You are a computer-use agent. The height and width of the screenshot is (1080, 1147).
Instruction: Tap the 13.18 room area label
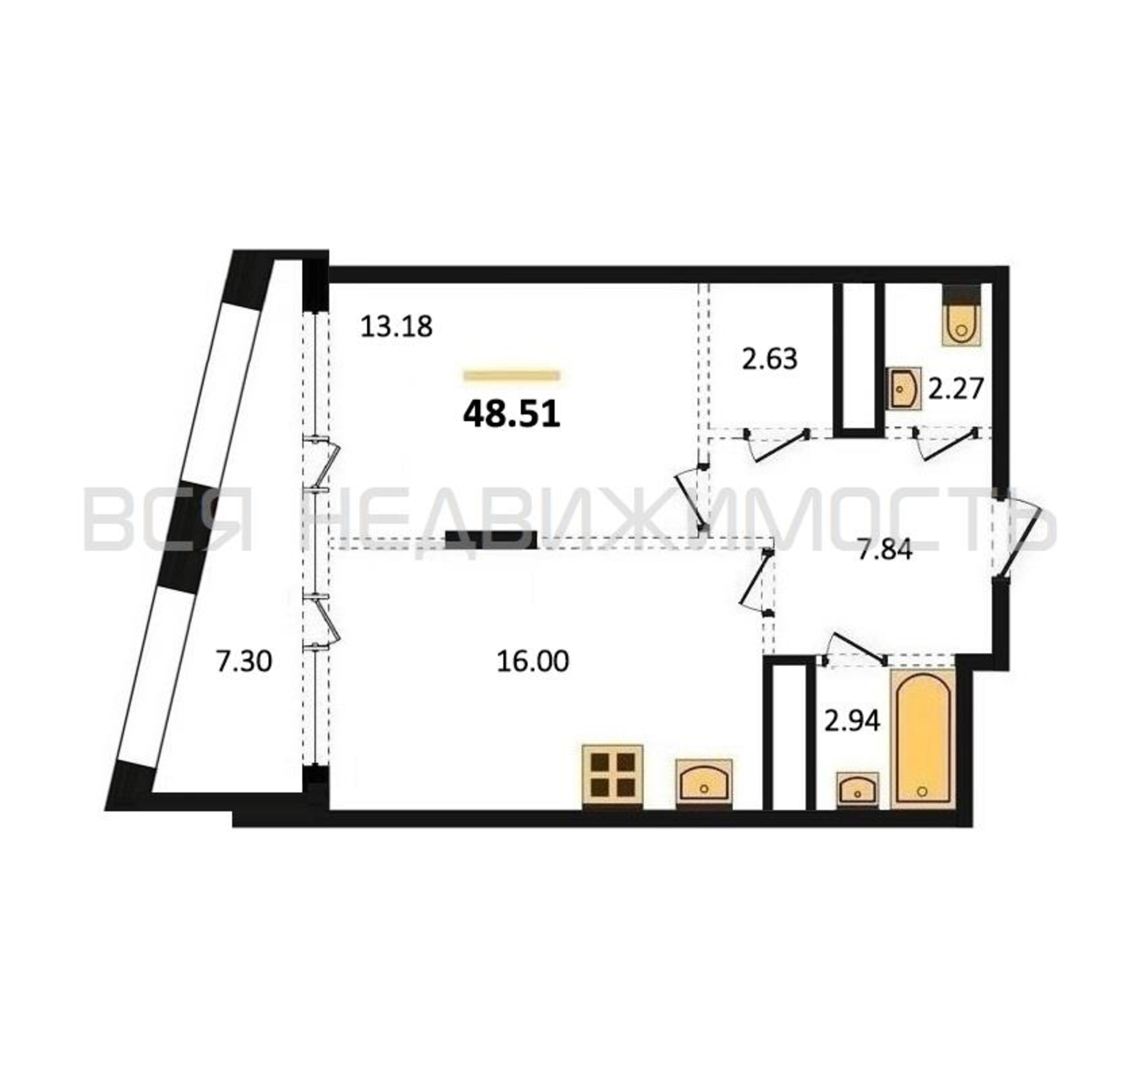pos(396,327)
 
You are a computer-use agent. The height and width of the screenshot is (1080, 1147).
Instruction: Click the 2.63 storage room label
pos(770,359)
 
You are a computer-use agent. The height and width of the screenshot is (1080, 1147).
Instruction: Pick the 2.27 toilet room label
pos(955,388)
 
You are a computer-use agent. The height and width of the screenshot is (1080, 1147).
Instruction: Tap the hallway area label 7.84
pos(885,550)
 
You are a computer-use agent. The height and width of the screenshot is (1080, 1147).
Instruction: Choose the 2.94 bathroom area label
pos(852,720)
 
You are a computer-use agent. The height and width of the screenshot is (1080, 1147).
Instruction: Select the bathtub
pos(922,739)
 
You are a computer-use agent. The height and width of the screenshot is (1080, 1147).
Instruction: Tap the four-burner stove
pos(613,777)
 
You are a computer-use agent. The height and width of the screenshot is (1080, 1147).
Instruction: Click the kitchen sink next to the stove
pos(704,784)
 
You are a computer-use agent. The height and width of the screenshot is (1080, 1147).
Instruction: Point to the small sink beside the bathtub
pos(858,790)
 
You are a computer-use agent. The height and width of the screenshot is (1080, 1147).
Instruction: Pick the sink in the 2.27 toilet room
pos(904,388)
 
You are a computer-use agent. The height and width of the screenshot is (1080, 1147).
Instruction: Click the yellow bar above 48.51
pos(511,376)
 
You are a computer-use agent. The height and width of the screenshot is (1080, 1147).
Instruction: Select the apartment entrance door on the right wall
pos(1019,538)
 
